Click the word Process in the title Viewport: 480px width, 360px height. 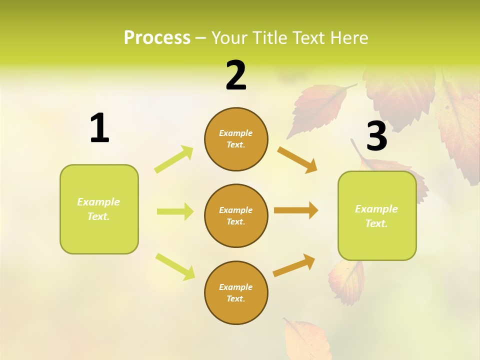(x=157, y=37)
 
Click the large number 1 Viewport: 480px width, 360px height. (x=99, y=128)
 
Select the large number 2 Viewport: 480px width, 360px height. (x=236, y=75)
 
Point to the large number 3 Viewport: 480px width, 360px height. (x=376, y=136)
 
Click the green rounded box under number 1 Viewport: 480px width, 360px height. (x=99, y=209)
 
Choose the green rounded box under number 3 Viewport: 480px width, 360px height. (x=377, y=215)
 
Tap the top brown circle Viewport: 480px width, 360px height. (x=236, y=139)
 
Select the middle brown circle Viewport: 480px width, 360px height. (x=236, y=215)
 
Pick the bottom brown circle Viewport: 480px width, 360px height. (x=236, y=292)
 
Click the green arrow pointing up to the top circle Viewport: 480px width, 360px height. (x=174, y=159)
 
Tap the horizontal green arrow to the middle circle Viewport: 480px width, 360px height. (x=175, y=211)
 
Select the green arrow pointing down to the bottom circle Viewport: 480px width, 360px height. (x=175, y=266)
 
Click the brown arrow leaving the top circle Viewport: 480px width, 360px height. (x=297, y=160)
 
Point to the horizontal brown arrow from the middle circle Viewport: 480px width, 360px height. (x=295, y=210)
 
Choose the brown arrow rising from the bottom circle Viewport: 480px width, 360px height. (x=294, y=265)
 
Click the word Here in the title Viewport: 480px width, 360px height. (x=348, y=37)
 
